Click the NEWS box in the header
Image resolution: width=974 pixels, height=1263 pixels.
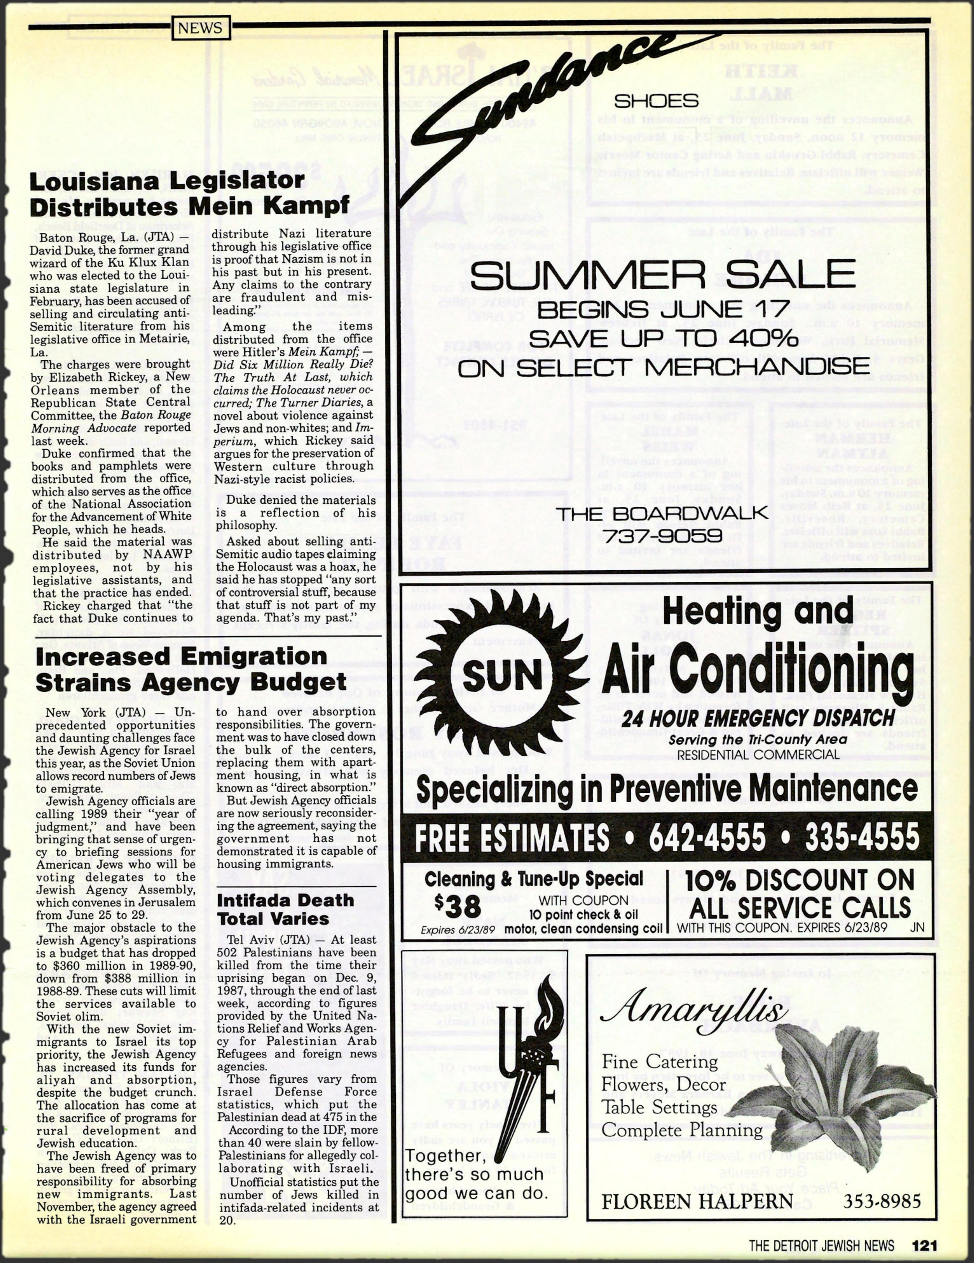[x=200, y=28]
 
